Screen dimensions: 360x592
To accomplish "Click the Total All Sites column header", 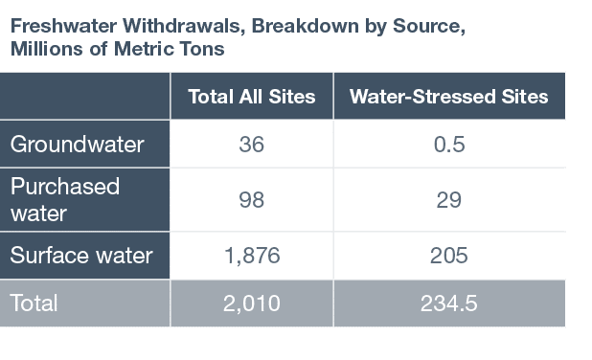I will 252,97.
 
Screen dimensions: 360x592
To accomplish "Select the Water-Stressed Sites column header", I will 448,97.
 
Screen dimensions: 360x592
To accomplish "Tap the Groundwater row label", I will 77,145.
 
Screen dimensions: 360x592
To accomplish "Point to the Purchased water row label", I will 64,199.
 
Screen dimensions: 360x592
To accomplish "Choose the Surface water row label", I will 80,256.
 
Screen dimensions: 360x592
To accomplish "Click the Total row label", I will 34,304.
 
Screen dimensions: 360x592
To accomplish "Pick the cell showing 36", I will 251,145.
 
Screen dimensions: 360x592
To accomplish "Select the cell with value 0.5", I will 448,145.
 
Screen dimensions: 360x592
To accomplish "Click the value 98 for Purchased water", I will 251,200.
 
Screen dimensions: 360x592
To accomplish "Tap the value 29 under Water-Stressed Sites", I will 448,200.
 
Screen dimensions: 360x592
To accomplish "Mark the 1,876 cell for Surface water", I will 251,256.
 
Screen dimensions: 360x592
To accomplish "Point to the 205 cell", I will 448,256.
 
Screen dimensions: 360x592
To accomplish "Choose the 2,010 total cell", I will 251,304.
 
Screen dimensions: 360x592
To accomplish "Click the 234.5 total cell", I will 448,304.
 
